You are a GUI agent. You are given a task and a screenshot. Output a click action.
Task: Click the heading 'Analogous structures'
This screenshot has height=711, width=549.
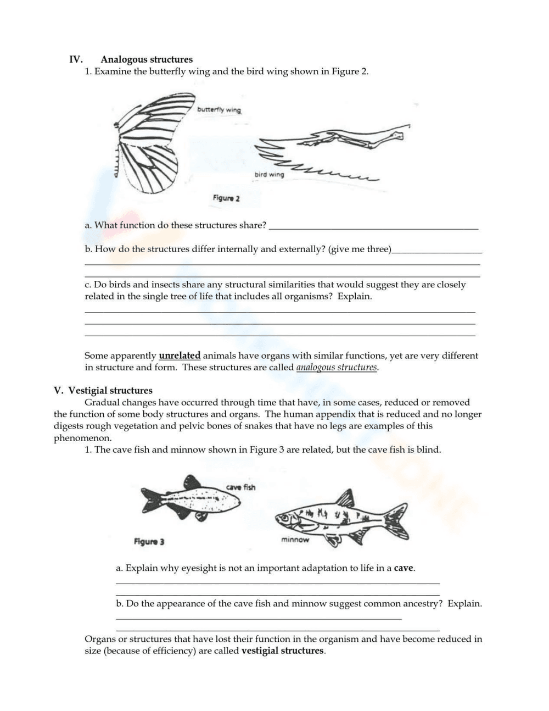tap(147, 59)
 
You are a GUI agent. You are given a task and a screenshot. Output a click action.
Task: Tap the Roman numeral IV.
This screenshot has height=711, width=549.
tap(76, 59)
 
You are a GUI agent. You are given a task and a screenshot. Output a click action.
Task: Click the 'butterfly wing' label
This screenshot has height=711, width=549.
tap(219, 109)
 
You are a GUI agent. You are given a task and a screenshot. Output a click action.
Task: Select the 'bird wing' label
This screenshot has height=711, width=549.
tap(269, 175)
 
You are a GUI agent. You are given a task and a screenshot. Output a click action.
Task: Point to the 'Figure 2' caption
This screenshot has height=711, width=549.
tap(226, 198)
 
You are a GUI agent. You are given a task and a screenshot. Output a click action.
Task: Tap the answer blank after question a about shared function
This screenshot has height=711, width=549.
tap(374, 226)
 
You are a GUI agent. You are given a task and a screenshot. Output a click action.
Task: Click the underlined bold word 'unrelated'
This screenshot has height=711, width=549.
tap(180, 355)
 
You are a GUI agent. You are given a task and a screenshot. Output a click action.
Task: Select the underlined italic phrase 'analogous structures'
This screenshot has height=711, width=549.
tap(337, 368)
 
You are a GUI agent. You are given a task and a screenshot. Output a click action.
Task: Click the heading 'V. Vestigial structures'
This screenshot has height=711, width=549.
tap(103, 391)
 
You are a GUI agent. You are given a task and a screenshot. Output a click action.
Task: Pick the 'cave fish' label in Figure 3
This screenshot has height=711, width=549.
tap(240, 487)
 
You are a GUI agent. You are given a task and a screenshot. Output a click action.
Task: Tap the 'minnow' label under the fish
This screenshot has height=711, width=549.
tap(295, 540)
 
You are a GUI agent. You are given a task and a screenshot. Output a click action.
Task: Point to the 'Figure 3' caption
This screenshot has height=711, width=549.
tap(149, 542)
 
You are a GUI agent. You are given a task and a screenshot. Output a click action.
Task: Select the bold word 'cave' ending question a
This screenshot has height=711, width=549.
tap(404, 568)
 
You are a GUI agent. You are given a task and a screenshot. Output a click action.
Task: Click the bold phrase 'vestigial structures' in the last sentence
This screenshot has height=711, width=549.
tap(282, 651)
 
